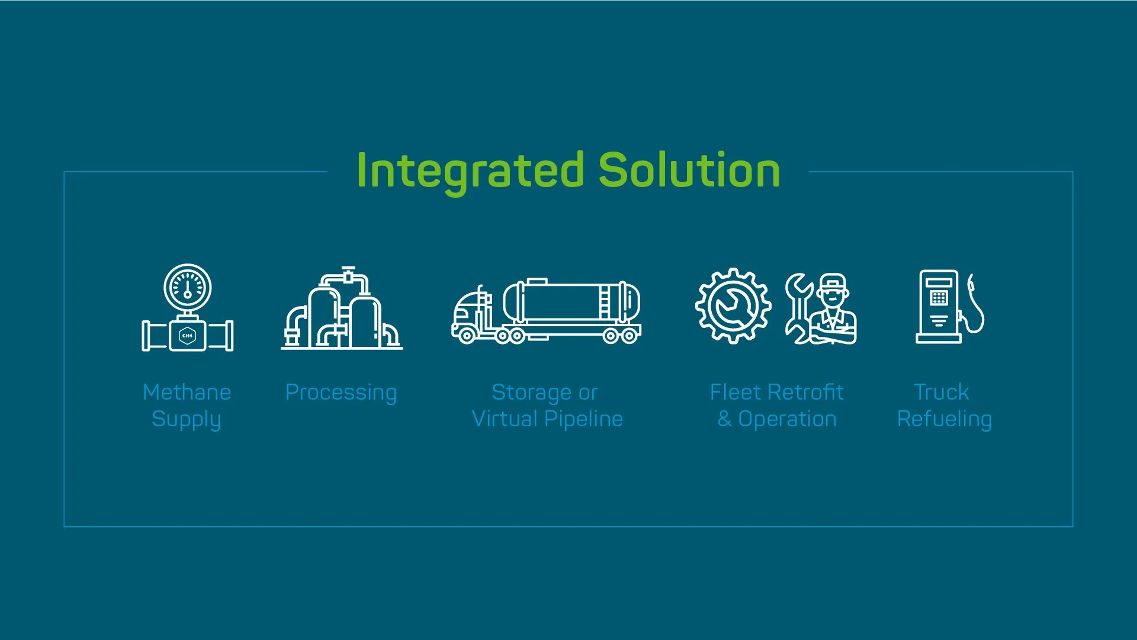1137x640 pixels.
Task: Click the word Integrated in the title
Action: pyautogui.click(x=471, y=171)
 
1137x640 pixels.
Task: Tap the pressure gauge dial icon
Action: pyautogui.click(x=188, y=287)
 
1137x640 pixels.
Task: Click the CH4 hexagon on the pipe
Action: pyautogui.click(x=187, y=336)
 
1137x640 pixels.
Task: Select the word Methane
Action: pyautogui.click(x=187, y=392)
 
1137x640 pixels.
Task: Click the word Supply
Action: pyautogui.click(x=187, y=419)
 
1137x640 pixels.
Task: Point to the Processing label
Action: pyautogui.click(x=341, y=393)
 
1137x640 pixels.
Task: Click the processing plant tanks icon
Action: pyautogui.click(x=342, y=311)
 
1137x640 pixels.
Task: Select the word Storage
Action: pyautogui.click(x=531, y=393)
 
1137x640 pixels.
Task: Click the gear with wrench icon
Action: pyautogui.click(x=733, y=305)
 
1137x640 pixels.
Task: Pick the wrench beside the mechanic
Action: pyautogui.click(x=798, y=308)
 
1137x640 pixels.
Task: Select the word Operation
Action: pyautogui.click(x=787, y=419)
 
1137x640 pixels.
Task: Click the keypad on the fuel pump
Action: pyautogui.click(x=939, y=298)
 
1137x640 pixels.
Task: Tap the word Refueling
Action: pyautogui.click(x=945, y=419)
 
